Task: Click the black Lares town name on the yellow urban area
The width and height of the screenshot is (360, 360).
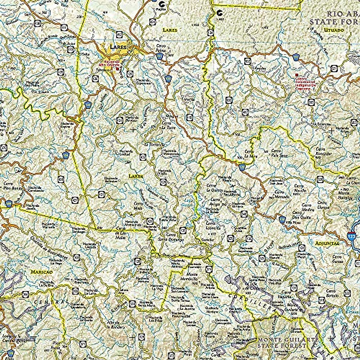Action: click(x=117, y=47)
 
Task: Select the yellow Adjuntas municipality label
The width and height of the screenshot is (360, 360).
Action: click(x=327, y=244)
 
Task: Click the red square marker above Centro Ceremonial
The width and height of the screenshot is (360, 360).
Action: click(x=297, y=75)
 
